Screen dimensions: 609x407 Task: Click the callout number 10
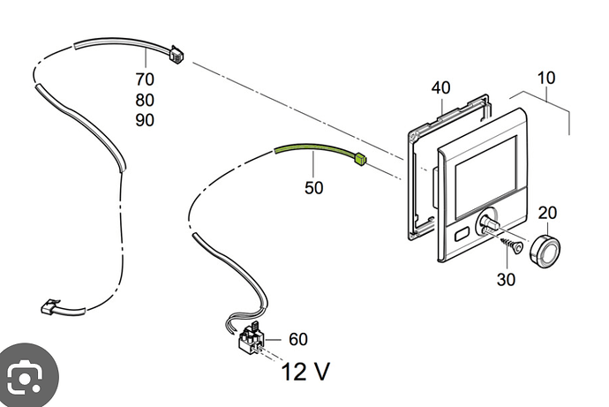pos(546,78)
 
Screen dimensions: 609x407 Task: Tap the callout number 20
pos(547,213)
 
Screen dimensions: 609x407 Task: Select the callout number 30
pos(506,279)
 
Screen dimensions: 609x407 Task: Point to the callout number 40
pos(440,87)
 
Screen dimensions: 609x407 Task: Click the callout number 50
pos(314,188)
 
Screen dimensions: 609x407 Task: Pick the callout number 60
pos(298,339)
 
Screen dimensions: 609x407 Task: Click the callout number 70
pos(145,79)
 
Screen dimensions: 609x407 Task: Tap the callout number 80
pos(145,100)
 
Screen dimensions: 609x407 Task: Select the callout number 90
pos(145,120)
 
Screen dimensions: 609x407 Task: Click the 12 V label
pos(305,372)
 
